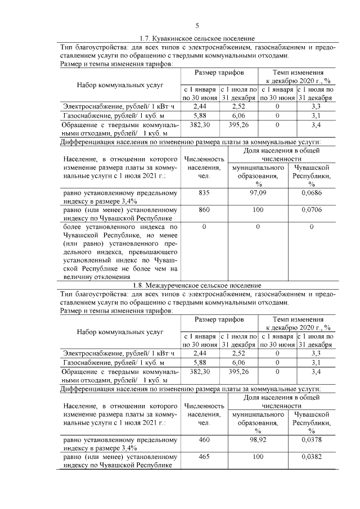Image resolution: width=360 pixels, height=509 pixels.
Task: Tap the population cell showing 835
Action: tap(204, 192)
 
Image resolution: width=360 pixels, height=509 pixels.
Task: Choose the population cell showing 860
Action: tap(204, 209)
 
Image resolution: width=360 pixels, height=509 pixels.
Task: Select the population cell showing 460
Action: tap(204, 440)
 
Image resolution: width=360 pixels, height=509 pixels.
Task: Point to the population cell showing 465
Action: tap(204, 457)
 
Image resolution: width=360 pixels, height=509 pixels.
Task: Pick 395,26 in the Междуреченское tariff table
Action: tap(238, 372)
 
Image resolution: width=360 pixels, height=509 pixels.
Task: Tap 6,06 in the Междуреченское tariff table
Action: tap(238, 363)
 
